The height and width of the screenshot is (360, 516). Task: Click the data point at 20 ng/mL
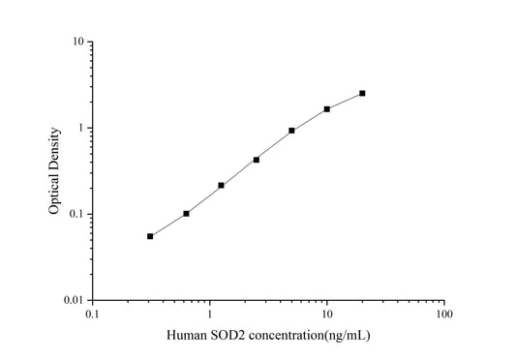(362, 93)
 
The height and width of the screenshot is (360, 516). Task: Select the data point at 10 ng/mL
(327, 109)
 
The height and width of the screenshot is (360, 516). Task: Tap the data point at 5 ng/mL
(291, 131)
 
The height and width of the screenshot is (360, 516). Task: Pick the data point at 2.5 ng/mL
(257, 160)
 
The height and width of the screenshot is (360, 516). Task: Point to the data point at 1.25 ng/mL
(222, 185)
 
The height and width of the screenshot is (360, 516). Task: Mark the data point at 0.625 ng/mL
(186, 213)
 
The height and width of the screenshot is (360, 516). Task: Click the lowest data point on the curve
(150, 236)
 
